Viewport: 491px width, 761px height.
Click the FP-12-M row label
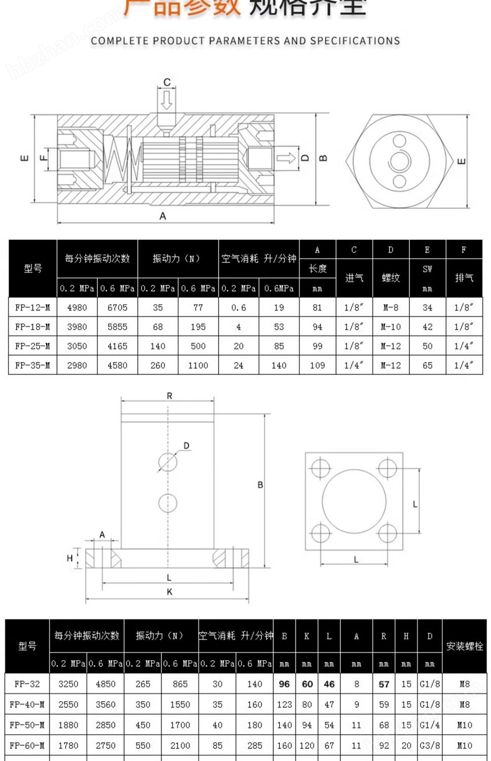[32, 307]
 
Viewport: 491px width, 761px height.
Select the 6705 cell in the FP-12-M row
[117, 307]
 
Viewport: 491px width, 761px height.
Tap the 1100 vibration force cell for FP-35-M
[198, 365]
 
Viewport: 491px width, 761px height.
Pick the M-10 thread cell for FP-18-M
[391, 327]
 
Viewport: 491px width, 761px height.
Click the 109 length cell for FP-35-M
[318, 365]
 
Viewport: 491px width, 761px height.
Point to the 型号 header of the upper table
[32, 268]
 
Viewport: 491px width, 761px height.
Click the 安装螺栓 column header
[464, 646]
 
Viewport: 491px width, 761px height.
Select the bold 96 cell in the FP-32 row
[284, 684]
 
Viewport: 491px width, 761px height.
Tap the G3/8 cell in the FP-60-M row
[430, 745]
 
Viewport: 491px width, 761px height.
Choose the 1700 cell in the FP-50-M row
[180, 725]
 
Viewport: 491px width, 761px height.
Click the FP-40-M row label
[27, 704]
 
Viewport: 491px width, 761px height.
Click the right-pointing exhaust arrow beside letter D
[286, 158]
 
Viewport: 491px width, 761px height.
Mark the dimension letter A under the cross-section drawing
[163, 216]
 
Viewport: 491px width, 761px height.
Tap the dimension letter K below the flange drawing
[169, 592]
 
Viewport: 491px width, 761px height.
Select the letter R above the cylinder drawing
[169, 396]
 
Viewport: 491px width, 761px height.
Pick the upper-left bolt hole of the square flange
[321, 467]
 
